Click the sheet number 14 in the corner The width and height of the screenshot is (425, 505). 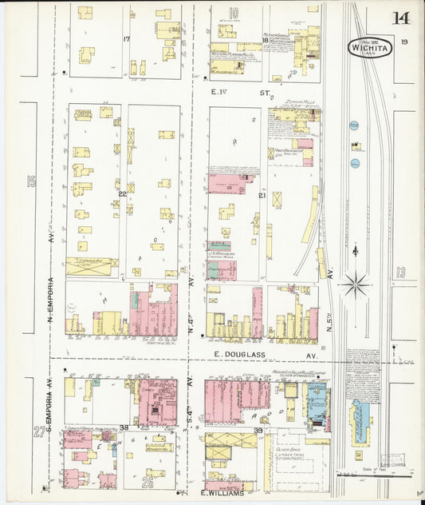[x=401, y=18]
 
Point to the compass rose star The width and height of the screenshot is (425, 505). [x=355, y=283]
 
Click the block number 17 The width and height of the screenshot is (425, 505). [x=126, y=39]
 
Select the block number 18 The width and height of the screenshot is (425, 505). [x=265, y=40]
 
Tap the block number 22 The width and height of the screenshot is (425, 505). [x=123, y=194]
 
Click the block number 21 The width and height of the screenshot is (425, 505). [x=262, y=194]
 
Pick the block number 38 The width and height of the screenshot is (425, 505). [x=124, y=427]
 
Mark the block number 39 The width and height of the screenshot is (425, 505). [x=258, y=431]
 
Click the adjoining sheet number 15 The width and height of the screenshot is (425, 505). [x=31, y=181]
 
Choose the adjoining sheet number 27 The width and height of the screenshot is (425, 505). [x=38, y=432]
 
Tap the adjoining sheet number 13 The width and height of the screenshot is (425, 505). [x=401, y=272]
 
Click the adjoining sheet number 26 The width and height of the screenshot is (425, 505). [x=148, y=481]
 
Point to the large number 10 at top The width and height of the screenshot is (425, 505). [x=234, y=13]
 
